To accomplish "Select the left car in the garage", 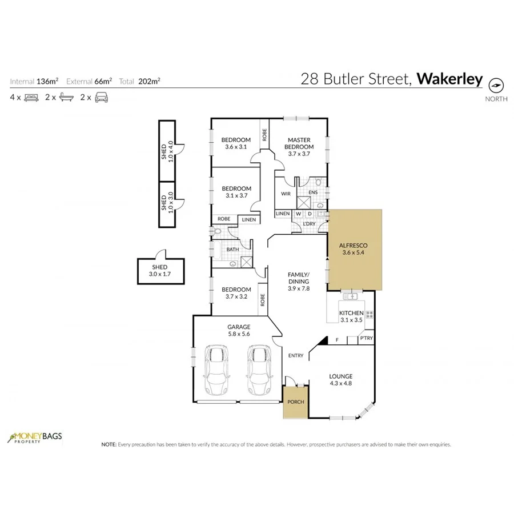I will coord(216,370).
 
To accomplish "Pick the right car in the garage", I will coord(259,370).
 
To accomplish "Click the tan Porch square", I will coord(296,401).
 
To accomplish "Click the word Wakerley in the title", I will coord(449,79).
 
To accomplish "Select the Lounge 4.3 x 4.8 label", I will coord(340,380).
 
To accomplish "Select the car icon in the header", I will coord(101,98).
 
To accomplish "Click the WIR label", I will coord(286,194).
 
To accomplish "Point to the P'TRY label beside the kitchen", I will coord(366,339).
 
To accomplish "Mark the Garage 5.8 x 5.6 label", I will coord(239,331).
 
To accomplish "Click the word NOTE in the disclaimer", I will coord(108,444).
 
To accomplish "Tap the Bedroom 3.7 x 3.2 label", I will coord(236,293).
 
